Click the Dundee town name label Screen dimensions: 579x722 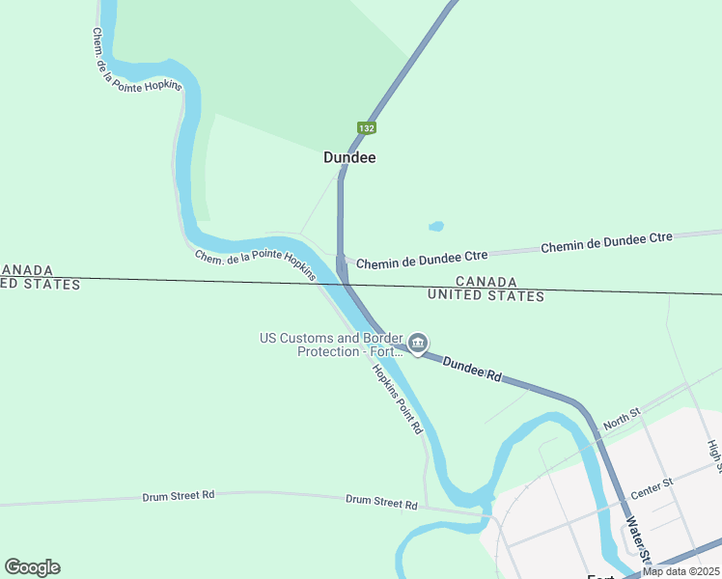click(349, 157)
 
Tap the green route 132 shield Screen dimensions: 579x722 click(366, 127)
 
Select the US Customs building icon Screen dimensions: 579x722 click(418, 343)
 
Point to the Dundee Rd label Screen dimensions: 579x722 click(472, 369)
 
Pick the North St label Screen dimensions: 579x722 click(622, 421)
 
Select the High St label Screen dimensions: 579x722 click(714, 455)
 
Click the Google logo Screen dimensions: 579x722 click(32, 567)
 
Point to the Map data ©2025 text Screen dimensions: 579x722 click(680, 571)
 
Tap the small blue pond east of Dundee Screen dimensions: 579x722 click(436, 227)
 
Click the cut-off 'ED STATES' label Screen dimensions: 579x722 click(41, 284)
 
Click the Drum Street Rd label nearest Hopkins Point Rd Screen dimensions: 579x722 click(382, 504)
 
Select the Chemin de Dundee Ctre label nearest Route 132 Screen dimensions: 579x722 click(422, 260)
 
